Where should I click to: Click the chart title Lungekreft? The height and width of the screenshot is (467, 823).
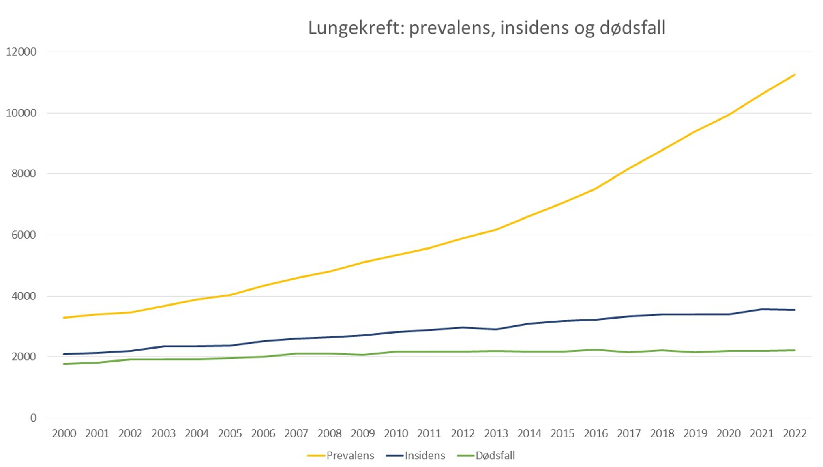(x=486, y=28)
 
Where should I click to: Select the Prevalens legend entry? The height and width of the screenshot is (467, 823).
(x=350, y=456)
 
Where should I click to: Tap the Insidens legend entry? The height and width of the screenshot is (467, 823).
(x=424, y=456)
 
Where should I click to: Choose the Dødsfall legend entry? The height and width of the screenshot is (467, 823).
(x=495, y=456)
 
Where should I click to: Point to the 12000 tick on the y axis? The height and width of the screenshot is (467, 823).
(x=21, y=52)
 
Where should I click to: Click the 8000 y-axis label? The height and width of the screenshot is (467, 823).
(x=24, y=174)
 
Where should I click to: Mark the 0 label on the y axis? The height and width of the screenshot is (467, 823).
(x=33, y=418)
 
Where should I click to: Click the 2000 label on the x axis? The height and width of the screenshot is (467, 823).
(x=64, y=433)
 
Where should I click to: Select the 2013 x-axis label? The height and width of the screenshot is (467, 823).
(x=496, y=433)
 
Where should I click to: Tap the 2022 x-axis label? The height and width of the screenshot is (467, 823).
(x=795, y=433)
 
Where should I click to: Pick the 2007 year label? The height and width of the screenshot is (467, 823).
(x=296, y=433)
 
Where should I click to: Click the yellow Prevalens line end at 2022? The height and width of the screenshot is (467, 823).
(x=795, y=75)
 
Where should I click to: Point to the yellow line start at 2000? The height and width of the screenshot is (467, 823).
(x=64, y=318)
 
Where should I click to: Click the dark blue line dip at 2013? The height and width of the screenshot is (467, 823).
(x=496, y=329)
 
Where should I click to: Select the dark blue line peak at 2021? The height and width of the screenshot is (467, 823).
(x=762, y=309)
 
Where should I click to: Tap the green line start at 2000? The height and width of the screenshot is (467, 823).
(x=64, y=364)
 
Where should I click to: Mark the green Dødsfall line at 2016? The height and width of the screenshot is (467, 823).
(x=596, y=350)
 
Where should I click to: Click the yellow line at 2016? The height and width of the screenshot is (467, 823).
(x=596, y=189)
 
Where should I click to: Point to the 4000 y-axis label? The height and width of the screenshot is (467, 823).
(x=24, y=296)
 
